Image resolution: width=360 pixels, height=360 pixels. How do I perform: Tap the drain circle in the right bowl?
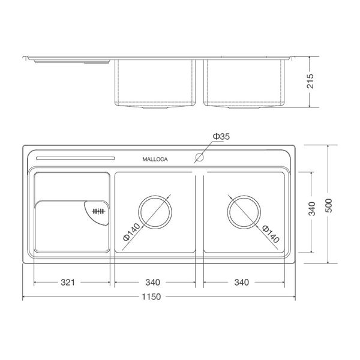pos(244,212)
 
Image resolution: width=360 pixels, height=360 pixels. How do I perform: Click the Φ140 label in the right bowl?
pos(271,233)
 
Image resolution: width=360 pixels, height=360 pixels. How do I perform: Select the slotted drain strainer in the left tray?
pos(96,211)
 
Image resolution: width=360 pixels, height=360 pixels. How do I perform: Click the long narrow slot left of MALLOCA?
pos(74,158)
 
